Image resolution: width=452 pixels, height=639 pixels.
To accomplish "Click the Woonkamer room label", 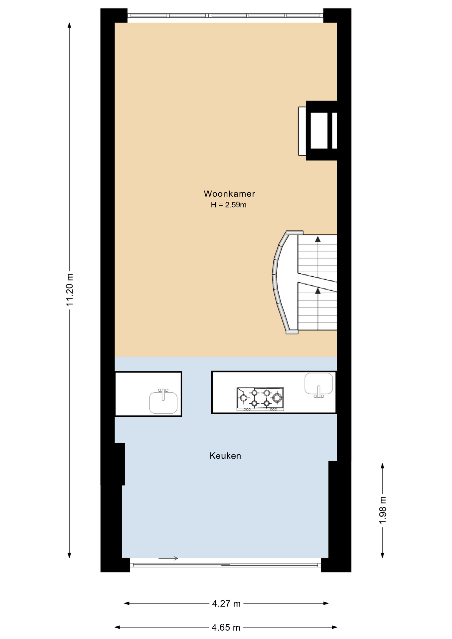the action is coord(229,194).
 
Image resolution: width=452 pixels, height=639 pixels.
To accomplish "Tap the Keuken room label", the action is coord(225,456).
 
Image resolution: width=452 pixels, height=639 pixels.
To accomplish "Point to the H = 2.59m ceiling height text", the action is coord(229,205).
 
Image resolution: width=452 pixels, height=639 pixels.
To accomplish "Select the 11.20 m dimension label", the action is coord(70,290).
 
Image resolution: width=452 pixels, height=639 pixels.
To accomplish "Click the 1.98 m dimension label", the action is coord(383,510).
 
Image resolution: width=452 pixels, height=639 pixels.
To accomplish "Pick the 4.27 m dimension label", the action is coord(226,603).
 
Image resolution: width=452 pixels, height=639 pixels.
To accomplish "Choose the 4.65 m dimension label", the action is coord(226,627).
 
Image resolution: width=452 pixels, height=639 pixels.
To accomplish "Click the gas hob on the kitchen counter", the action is coord(260,399).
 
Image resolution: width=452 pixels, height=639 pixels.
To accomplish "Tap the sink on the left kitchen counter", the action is coord(163,402).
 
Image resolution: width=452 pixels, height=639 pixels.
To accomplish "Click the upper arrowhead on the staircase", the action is coord(318,239).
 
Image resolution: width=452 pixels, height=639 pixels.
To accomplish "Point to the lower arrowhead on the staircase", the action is coord(318,291).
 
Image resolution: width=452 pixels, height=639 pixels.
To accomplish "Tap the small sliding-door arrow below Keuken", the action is coord(168,558).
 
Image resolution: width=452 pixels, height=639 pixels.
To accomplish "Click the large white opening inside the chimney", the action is coord(319,130).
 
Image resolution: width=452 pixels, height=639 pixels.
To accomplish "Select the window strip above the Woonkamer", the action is coord(225,15).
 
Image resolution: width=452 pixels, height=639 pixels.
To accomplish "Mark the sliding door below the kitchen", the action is coord(225,565).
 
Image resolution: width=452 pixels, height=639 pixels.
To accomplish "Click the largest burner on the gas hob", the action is coord(277,397).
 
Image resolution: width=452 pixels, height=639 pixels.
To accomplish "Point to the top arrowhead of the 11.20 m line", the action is coord(70,25).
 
